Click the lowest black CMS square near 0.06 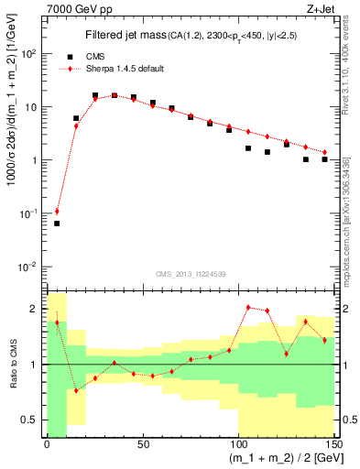(x=57, y=224)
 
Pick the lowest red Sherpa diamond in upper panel (x=57, y=212)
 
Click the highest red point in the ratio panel (x=248, y=308)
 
